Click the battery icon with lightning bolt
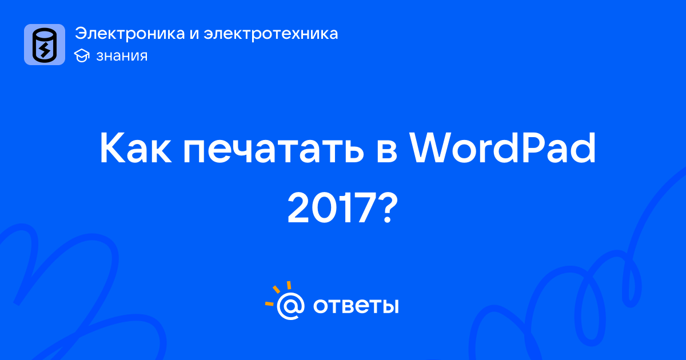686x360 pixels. [45, 45]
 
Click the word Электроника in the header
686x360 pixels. [130, 33]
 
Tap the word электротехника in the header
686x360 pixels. [271, 34]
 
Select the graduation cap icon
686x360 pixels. [82, 56]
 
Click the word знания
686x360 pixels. [122, 56]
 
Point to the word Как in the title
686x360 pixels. [135, 149]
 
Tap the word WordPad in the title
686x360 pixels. [502, 148]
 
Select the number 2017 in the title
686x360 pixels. [333, 207]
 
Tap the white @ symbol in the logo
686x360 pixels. [290, 306]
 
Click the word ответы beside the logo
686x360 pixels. [356, 306]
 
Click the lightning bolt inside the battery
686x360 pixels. [45, 50]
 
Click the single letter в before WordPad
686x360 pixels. [387, 151]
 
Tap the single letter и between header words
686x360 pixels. [194, 34]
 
